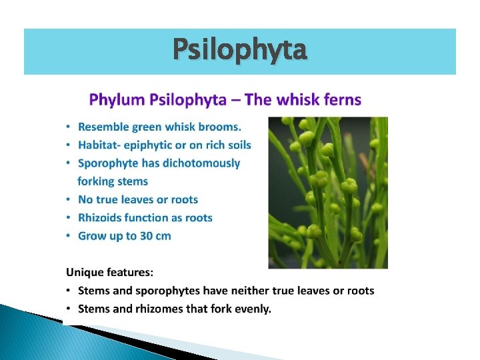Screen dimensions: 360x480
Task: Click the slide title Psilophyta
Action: click(240, 51)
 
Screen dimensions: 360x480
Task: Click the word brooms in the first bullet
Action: click(223, 127)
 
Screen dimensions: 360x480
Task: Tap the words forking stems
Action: click(113, 181)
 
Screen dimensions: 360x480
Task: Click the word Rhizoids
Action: click(101, 217)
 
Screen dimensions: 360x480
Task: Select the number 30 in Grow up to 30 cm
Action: click(148, 235)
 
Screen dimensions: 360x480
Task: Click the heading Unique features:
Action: click(109, 272)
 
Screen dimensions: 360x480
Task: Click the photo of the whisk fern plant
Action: click(327, 193)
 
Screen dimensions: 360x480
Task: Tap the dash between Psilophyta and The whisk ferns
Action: click(237, 101)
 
